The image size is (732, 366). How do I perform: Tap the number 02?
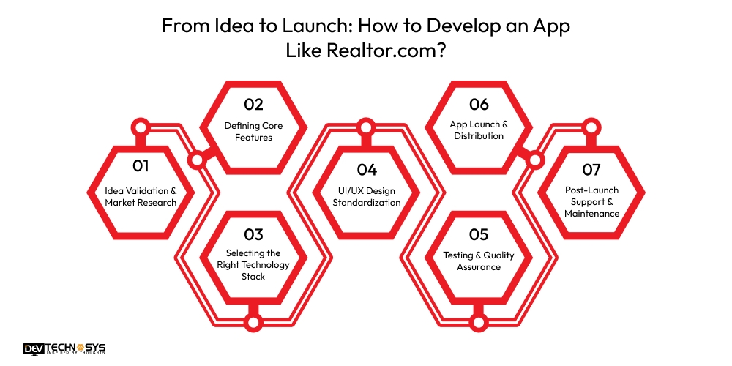tap(253, 104)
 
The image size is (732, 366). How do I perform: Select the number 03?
tap(253, 234)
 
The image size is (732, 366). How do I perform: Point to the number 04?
tap(367, 170)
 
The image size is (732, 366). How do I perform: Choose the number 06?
tap(479, 104)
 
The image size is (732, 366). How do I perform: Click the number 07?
tap(591, 170)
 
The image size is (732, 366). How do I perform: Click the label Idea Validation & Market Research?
tap(141, 196)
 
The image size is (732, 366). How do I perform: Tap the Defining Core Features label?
tap(253, 130)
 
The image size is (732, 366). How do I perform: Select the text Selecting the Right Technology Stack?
tap(253, 265)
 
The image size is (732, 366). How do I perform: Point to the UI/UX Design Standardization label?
tap(367, 196)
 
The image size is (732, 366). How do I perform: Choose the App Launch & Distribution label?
tap(479, 130)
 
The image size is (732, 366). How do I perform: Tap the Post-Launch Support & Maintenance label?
tap(591, 202)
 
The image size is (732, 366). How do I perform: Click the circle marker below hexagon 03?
tap(253, 320)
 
